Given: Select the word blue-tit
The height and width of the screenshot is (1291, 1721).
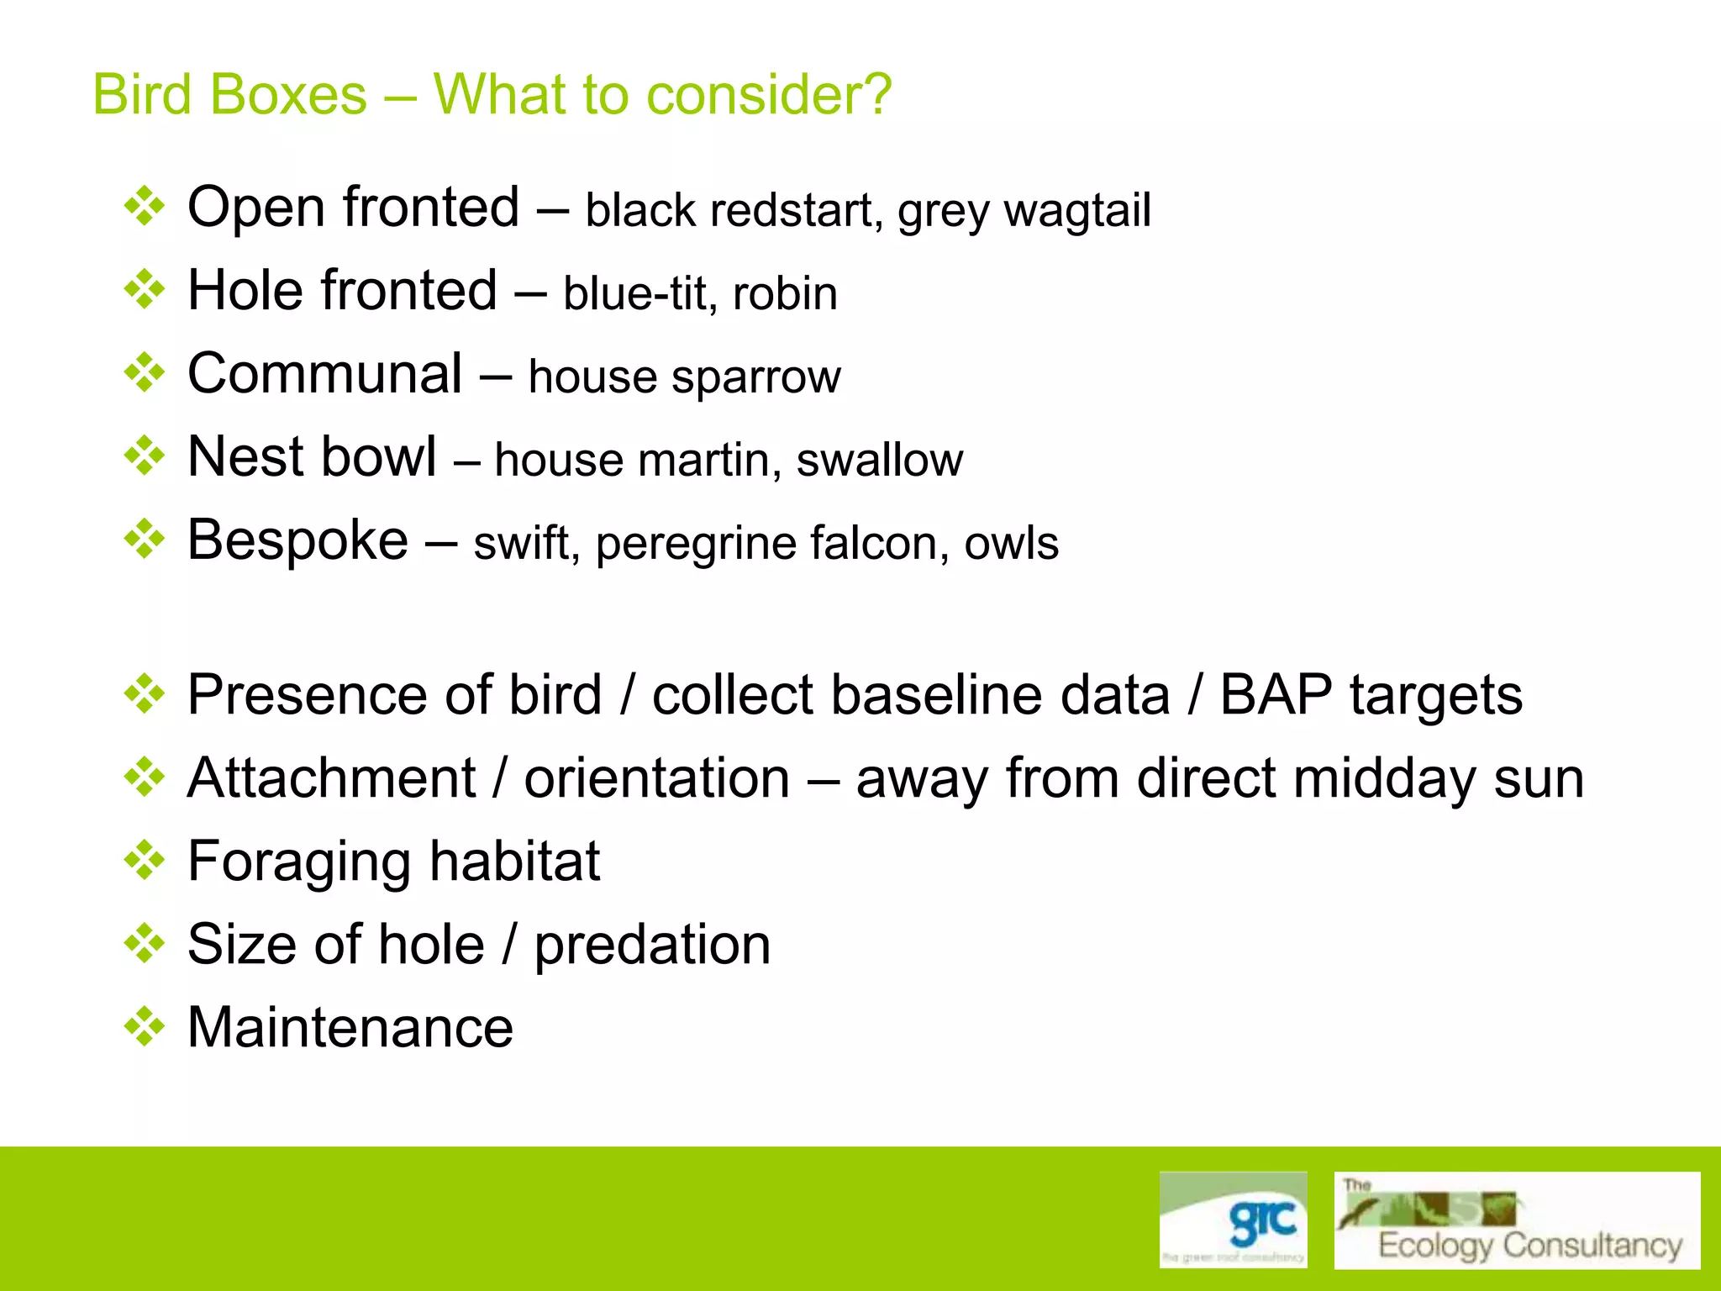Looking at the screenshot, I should tap(635, 293).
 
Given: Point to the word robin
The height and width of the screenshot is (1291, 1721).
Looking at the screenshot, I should tap(785, 293).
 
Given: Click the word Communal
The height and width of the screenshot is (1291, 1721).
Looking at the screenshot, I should tap(324, 373).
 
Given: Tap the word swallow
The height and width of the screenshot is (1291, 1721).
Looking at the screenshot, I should tap(879, 460).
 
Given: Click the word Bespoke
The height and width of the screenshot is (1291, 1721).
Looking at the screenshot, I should tap(297, 540).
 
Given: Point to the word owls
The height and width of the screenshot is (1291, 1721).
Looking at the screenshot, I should tap(1011, 543).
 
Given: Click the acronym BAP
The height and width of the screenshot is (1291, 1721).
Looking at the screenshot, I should tap(1276, 695).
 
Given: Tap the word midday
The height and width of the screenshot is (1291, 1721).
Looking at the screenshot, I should tap(1384, 778).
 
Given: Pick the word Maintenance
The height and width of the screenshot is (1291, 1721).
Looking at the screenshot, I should tap(350, 1027).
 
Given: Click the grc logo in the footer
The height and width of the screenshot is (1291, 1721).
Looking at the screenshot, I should tap(1233, 1219).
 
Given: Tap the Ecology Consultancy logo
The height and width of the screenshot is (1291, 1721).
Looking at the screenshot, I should tap(1516, 1220).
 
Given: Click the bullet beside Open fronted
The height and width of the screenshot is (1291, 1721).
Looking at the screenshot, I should tap(145, 207).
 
